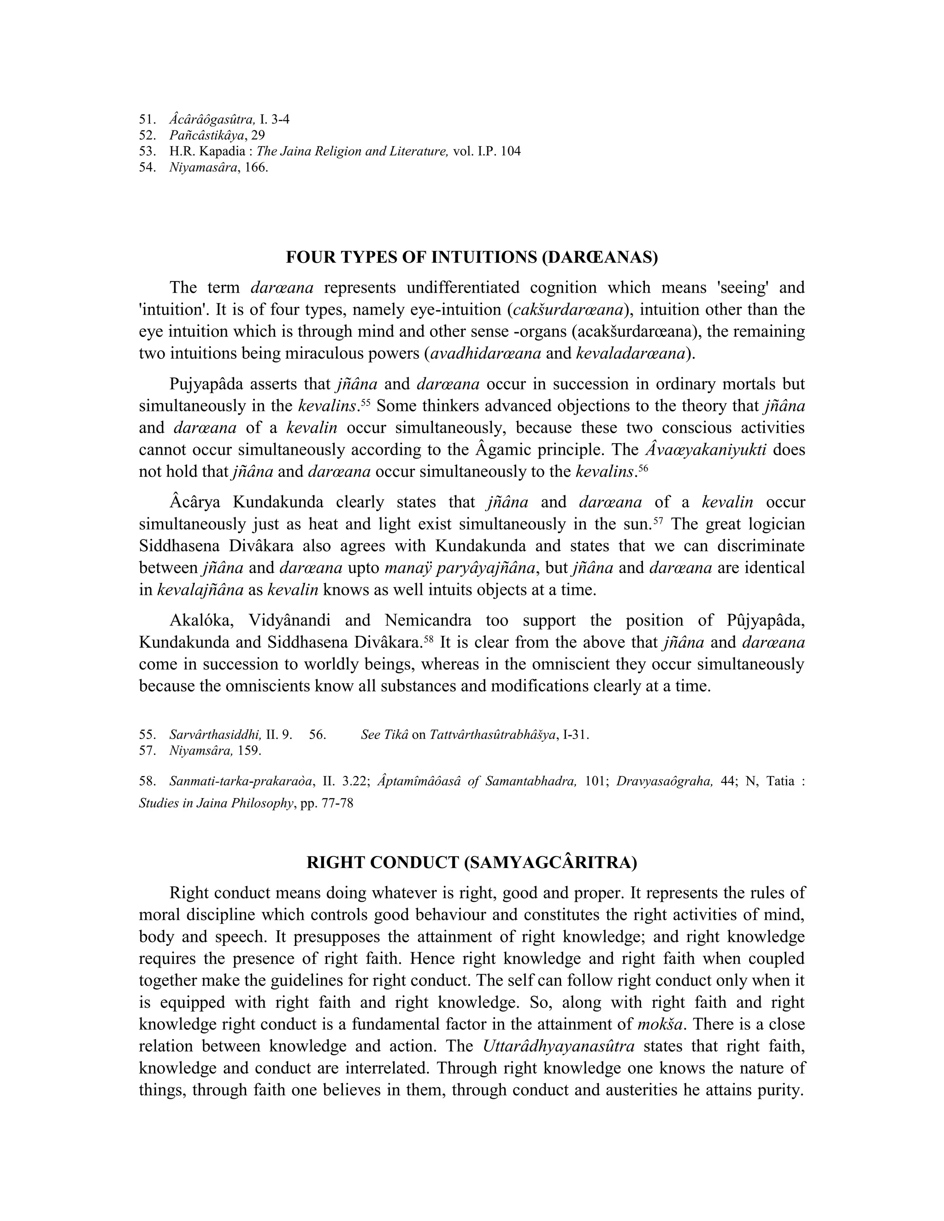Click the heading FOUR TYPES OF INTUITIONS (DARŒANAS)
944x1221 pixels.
tap(472, 257)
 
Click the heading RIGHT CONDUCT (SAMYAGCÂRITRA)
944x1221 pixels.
tap(472, 863)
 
